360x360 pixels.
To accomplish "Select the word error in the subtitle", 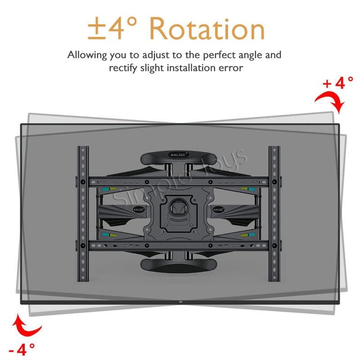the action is tap(230, 68).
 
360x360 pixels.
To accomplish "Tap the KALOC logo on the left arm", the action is tap(138, 210).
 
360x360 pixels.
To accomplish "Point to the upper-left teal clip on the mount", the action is tap(106, 190).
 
